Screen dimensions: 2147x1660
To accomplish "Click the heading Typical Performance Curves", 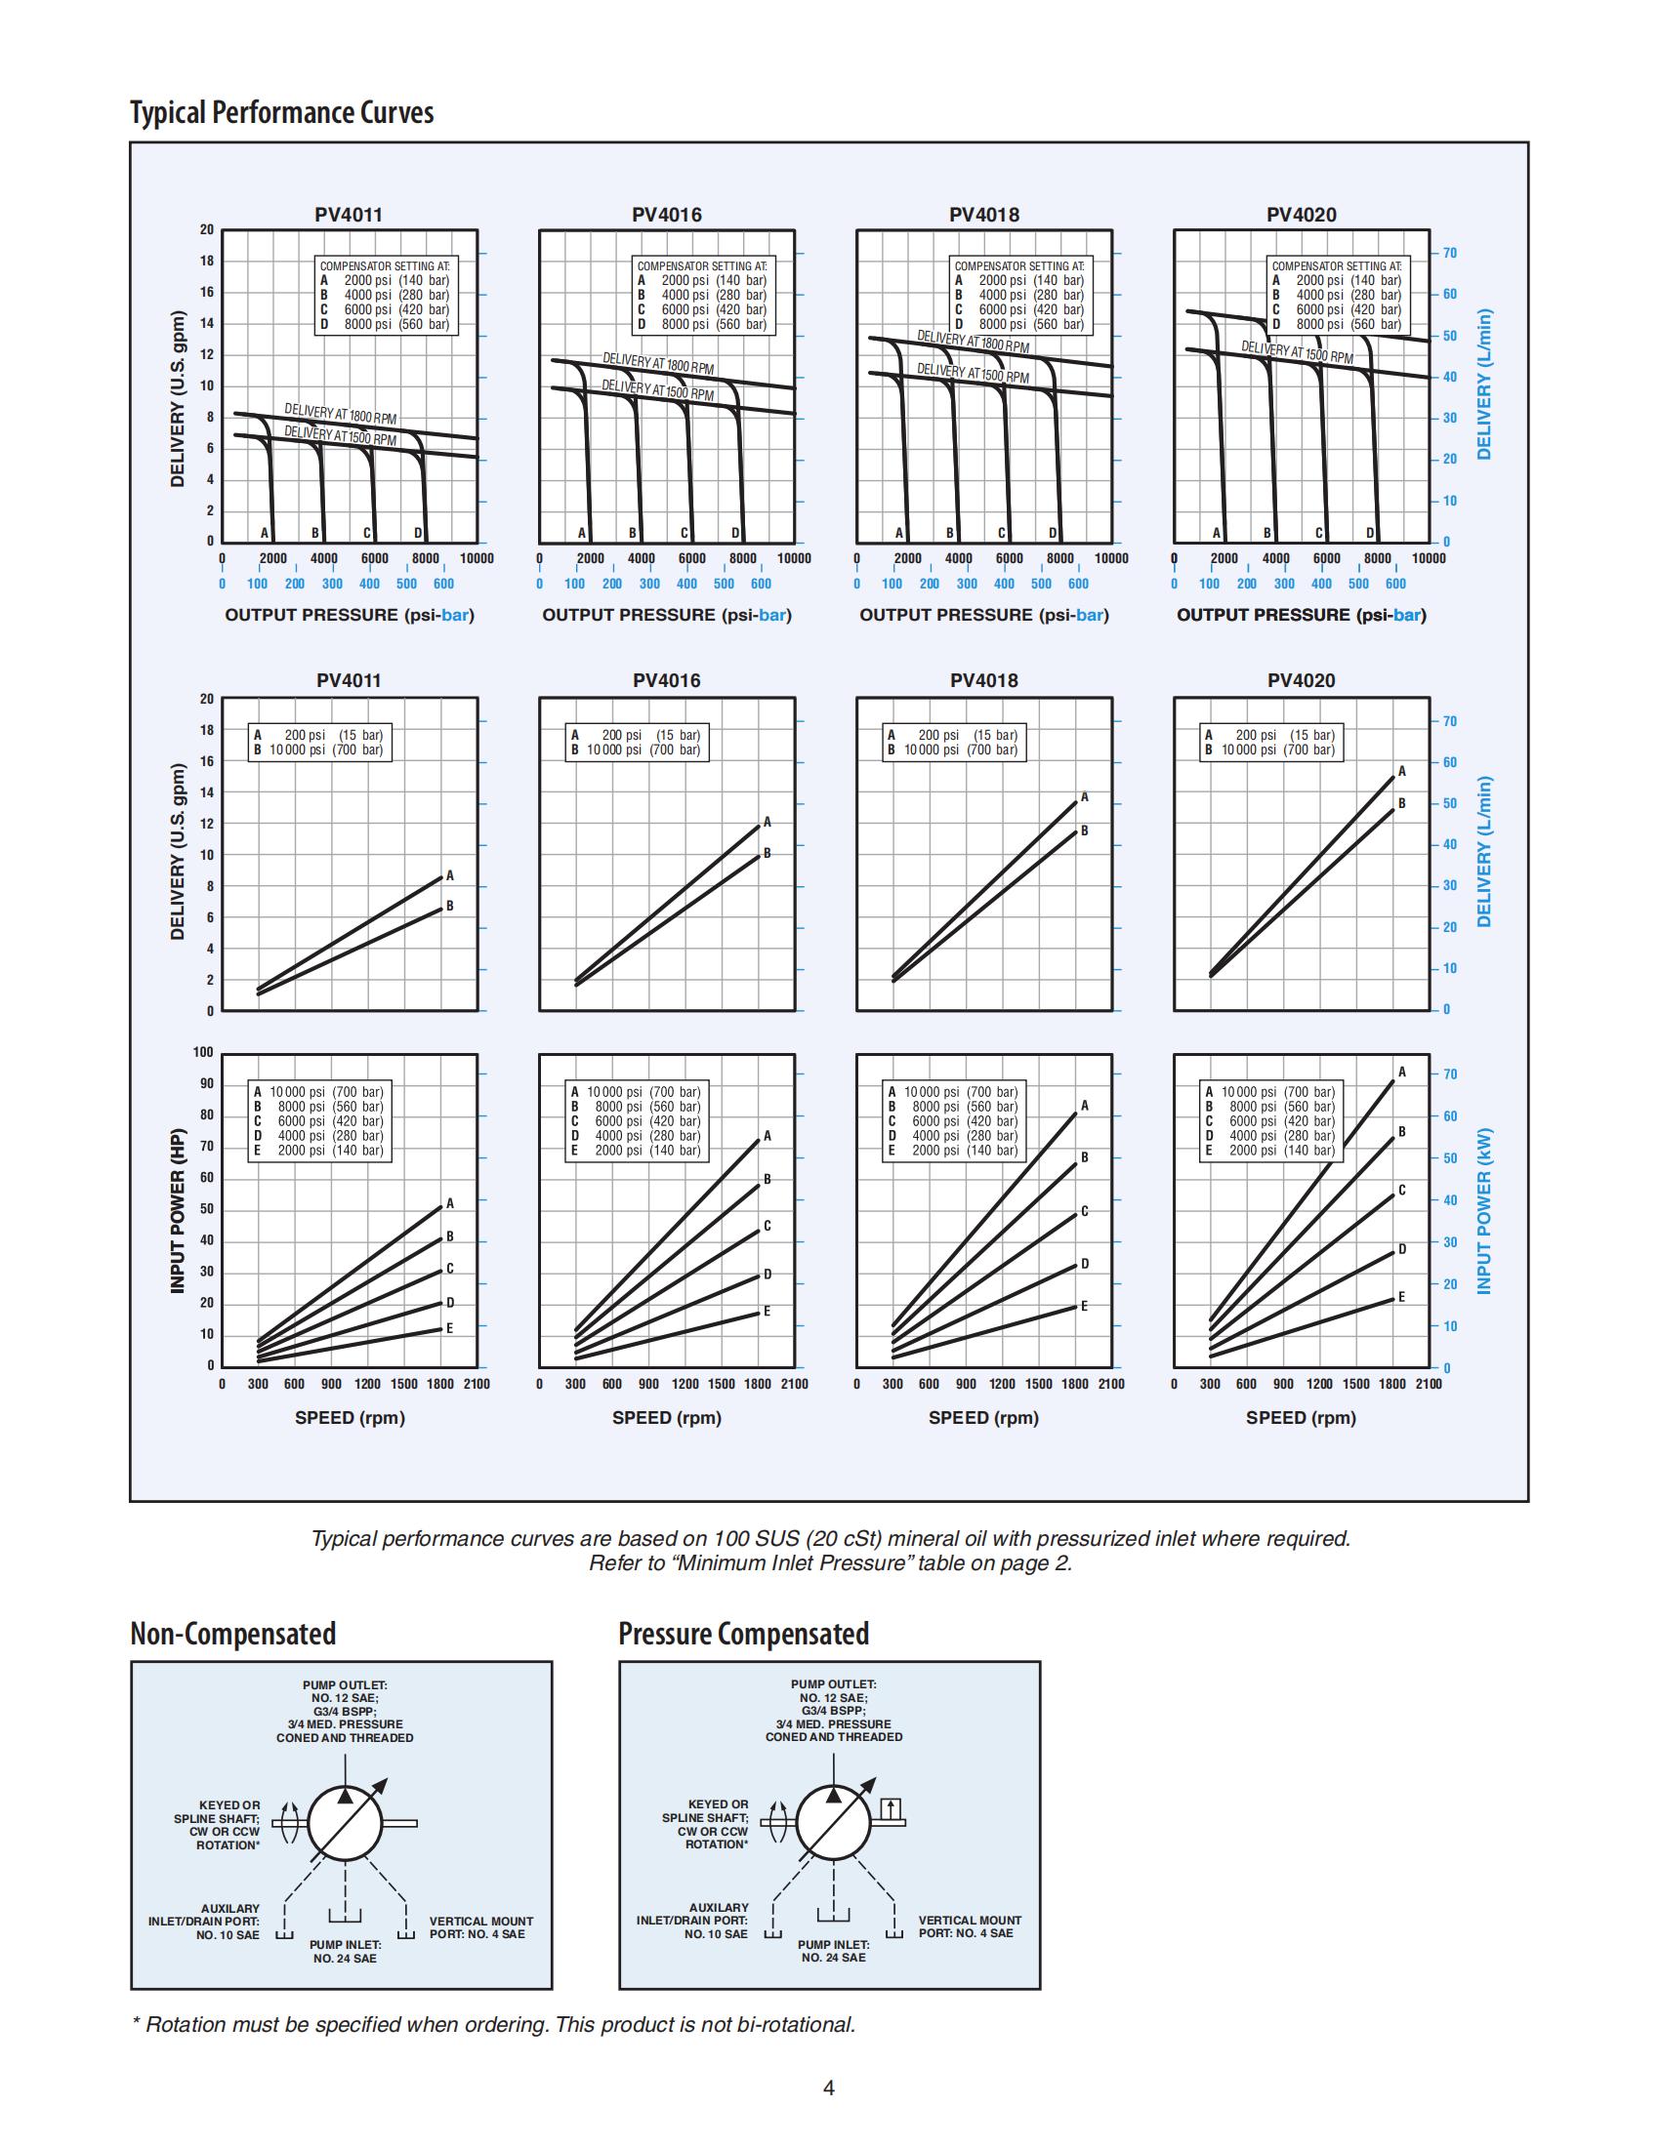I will [x=281, y=112].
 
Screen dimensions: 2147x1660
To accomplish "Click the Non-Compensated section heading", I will [x=233, y=1633].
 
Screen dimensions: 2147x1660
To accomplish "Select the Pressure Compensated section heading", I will [x=743, y=1633].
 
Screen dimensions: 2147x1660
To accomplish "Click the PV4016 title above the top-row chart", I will [x=667, y=215].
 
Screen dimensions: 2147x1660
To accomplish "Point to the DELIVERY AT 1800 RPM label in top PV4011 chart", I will [x=340, y=413].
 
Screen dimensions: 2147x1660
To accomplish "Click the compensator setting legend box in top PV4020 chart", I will [x=1337, y=295].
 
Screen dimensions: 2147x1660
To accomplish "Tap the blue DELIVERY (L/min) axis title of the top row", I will [x=1484, y=385].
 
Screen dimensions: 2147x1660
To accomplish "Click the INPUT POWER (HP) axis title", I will [x=178, y=1210].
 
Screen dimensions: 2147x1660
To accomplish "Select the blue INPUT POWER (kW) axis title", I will [x=1484, y=1210].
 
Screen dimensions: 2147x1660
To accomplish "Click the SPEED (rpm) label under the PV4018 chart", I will [x=983, y=1418].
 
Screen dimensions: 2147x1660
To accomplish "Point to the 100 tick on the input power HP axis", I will [x=203, y=1052].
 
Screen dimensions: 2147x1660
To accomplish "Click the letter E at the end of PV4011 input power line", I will [x=449, y=1328].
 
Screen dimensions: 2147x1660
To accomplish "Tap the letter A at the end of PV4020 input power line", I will [x=1402, y=1072].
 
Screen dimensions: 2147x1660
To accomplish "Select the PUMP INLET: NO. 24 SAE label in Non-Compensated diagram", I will [x=345, y=1952].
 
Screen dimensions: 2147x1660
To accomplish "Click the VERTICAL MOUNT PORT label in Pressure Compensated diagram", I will [x=970, y=1926].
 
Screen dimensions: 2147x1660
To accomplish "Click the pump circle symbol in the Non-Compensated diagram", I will [x=344, y=1822].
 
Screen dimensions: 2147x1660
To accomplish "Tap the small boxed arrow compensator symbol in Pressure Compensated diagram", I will [x=891, y=1806].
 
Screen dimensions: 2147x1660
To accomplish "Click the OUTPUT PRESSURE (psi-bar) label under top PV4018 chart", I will [x=983, y=615].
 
